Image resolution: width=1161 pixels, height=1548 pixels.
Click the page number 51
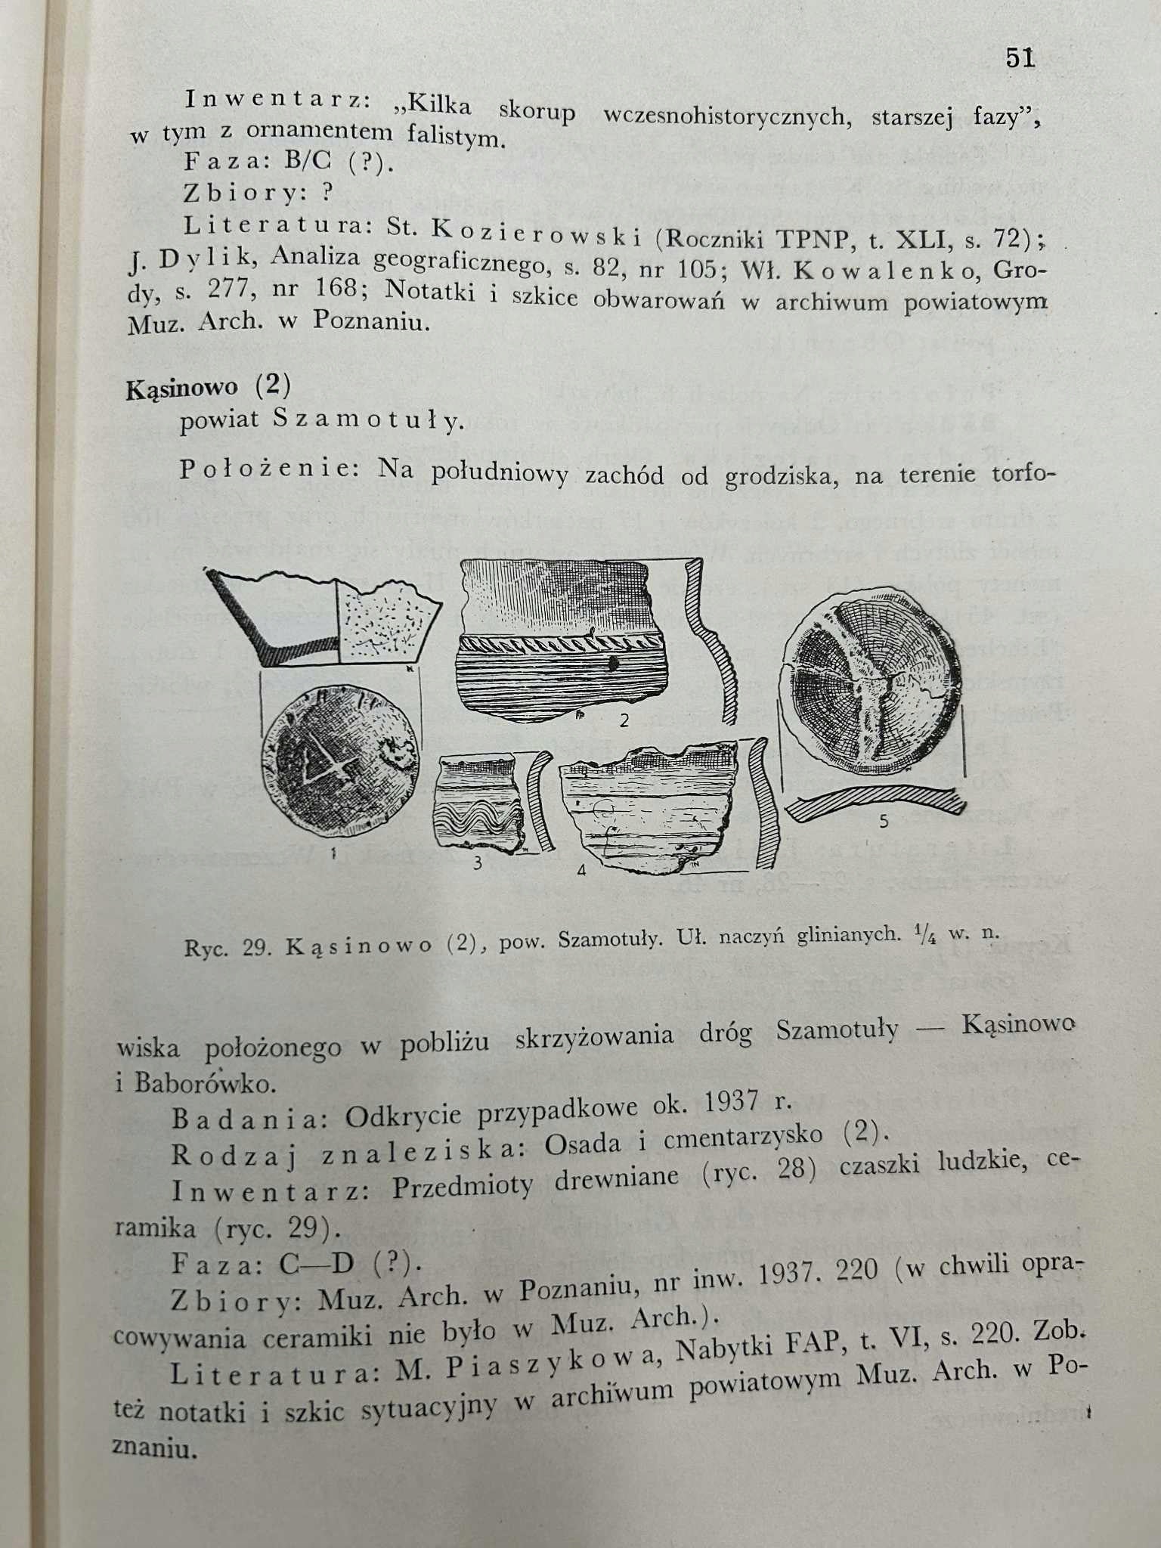click(1020, 58)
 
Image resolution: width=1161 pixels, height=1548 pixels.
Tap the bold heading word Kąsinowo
click(181, 388)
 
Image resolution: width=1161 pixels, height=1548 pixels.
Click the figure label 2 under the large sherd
click(624, 720)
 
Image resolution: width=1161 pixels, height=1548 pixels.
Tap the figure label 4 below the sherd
click(580, 870)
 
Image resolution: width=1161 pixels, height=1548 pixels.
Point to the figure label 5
click(884, 822)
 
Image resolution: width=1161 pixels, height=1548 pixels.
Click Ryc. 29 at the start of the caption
click(228, 948)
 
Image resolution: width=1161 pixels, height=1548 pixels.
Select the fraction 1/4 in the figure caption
click(924, 934)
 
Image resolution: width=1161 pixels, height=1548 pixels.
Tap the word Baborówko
click(204, 1083)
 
